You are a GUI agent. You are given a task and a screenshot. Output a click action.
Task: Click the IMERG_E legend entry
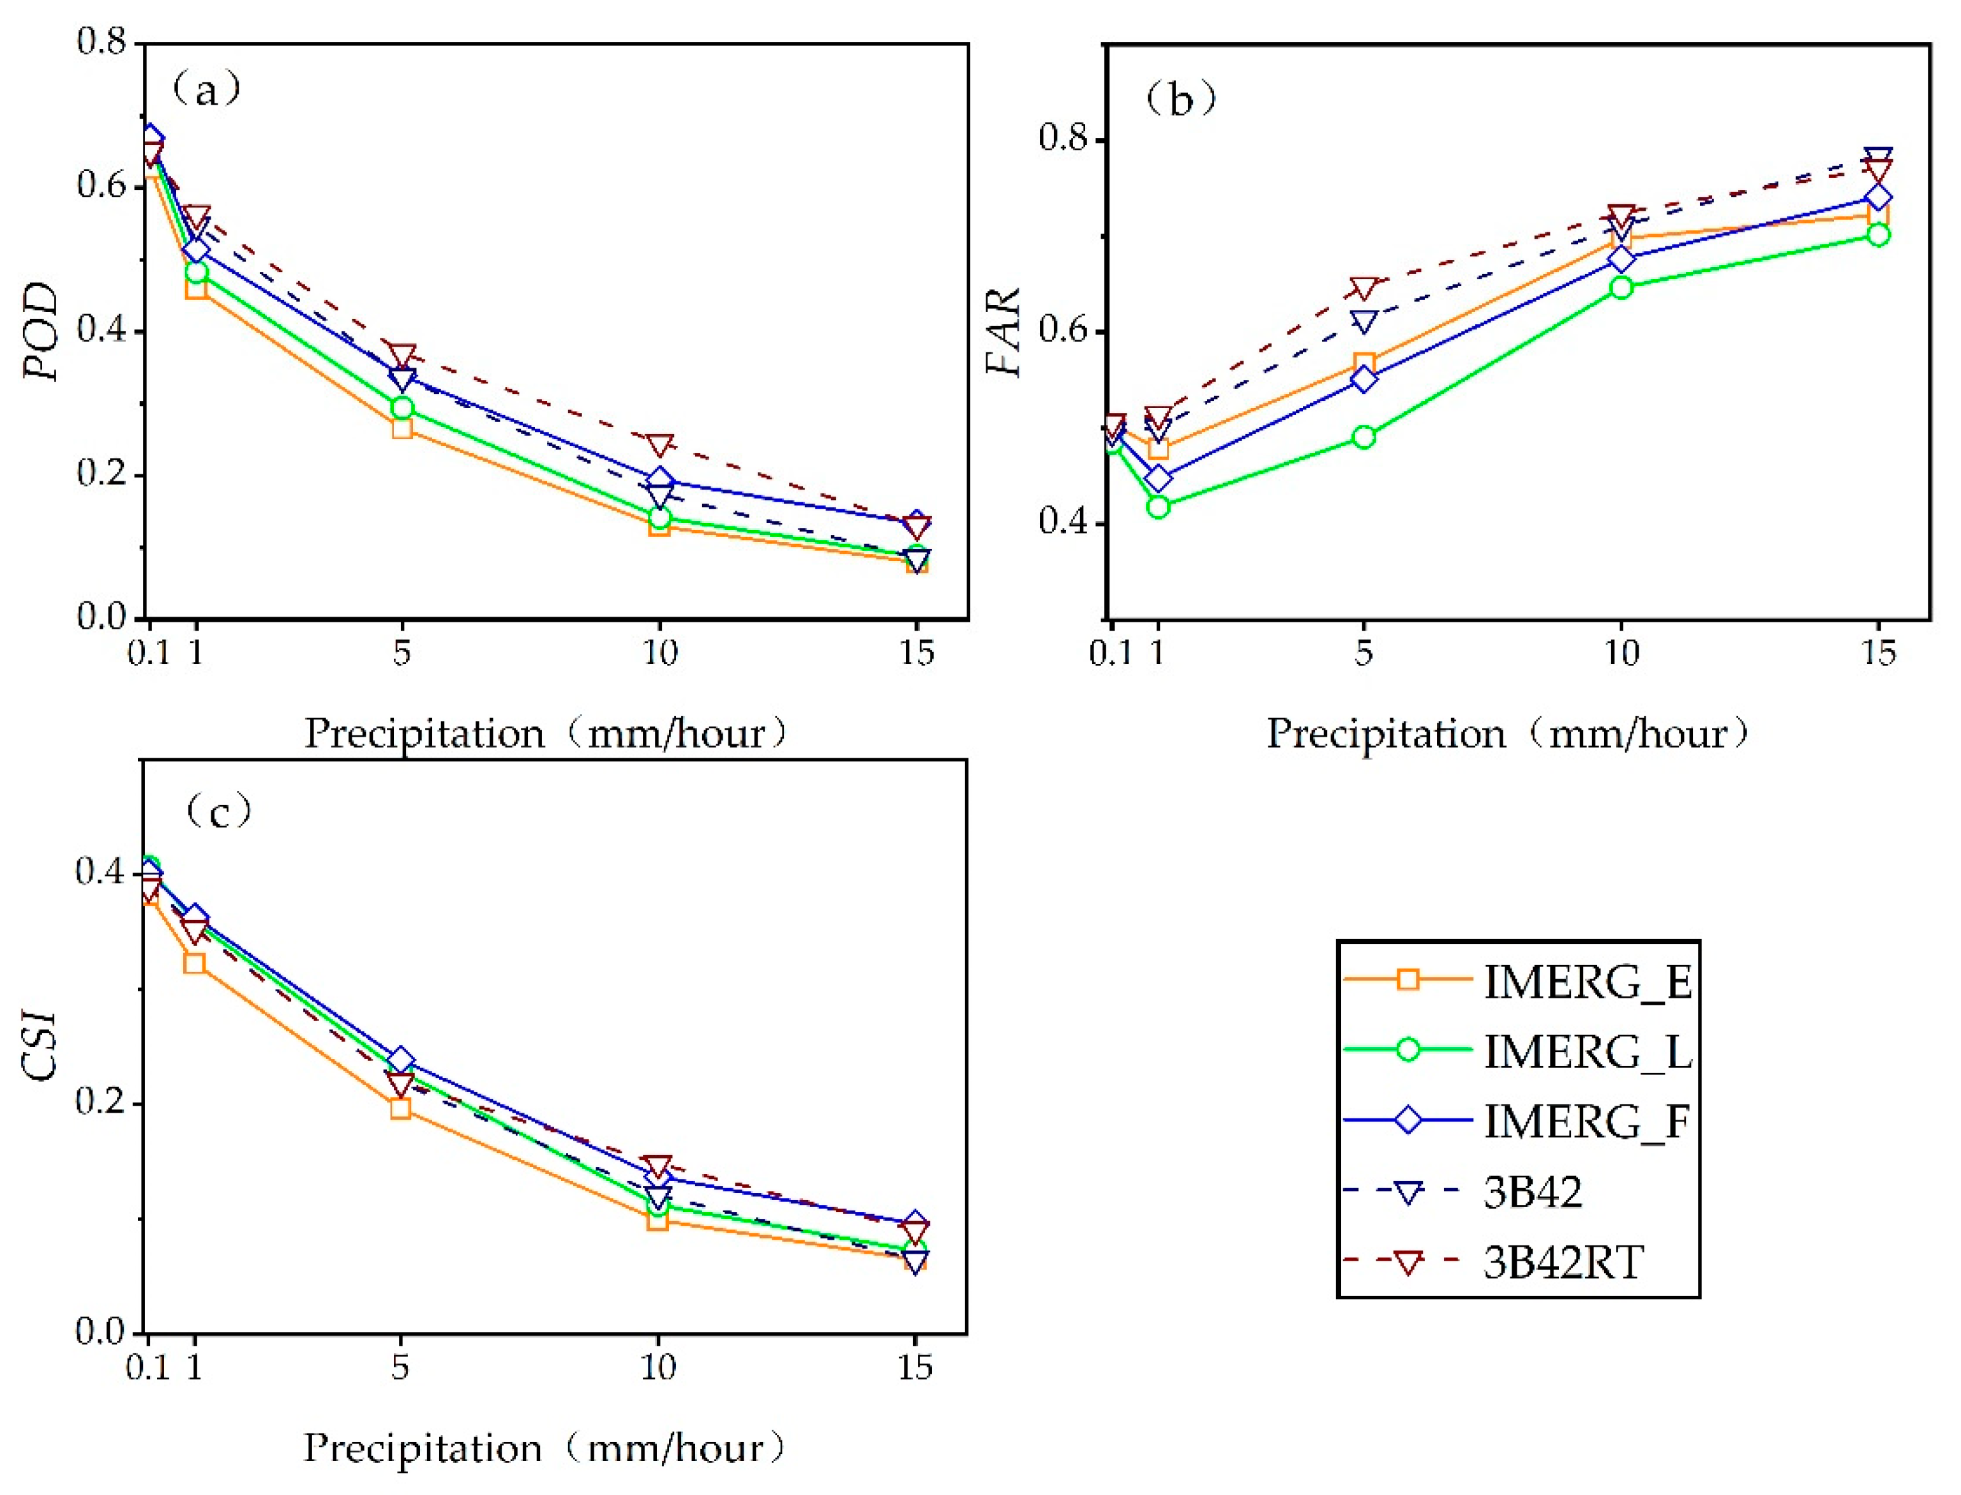point(1586,982)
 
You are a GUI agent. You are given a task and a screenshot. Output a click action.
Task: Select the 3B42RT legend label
point(1563,1262)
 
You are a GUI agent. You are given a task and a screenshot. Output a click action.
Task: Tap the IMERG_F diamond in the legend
point(1408,1120)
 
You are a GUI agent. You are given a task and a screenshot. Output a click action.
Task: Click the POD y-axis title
point(42,331)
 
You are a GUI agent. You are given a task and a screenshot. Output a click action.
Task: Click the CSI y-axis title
point(42,1046)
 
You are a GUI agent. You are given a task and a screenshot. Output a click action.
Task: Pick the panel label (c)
point(219,811)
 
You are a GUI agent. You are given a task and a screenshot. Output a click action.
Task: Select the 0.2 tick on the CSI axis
point(101,1102)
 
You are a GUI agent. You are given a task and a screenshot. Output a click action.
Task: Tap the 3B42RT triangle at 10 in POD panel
point(658,445)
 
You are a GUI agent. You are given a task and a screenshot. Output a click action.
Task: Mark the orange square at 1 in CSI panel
point(195,963)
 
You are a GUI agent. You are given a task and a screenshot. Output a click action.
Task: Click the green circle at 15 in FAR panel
point(1877,235)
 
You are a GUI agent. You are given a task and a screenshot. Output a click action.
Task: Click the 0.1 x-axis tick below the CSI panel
point(147,1366)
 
